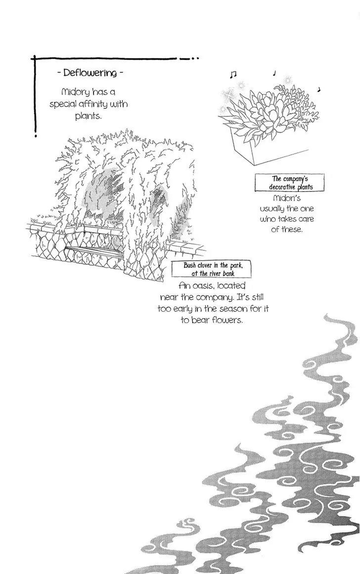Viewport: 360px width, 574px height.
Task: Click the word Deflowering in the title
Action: (90, 73)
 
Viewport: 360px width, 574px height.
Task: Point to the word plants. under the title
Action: (88, 116)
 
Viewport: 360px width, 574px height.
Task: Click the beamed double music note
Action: (233, 75)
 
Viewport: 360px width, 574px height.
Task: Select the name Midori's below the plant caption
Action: (287, 198)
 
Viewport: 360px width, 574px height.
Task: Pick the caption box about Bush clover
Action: (212, 269)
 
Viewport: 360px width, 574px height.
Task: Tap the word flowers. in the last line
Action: (227, 320)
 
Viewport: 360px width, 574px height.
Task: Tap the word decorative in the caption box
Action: (282, 187)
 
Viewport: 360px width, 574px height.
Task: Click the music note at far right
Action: (319, 89)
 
